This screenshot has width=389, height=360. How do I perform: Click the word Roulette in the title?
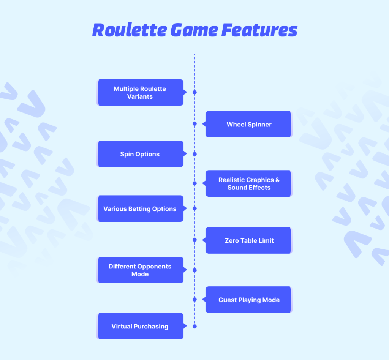click(130, 30)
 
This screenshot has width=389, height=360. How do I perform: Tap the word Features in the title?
click(259, 30)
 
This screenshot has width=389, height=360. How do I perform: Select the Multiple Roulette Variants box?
click(141, 93)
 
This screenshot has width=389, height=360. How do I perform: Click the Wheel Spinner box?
click(248, 124)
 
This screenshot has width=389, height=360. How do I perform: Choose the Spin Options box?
click(141, 154)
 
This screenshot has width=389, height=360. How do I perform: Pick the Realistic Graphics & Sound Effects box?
click(248, 183)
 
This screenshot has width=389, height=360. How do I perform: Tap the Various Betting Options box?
click(141, 208)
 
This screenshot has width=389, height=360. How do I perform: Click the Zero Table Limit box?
click(248, 240)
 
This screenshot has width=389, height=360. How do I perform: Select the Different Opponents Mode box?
click(141, 270)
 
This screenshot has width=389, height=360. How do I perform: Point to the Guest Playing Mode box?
click(248, 300)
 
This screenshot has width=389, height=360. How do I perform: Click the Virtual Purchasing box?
click(141, 326)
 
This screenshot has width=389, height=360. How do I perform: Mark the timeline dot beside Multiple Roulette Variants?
click(195, 92)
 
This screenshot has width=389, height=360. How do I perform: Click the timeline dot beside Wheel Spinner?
click(195, 124)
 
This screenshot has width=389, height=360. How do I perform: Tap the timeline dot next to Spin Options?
click(195, 154)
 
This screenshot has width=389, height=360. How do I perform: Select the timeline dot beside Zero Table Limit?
click(195, 240)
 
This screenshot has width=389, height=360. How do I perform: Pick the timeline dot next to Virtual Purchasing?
click(195, 326)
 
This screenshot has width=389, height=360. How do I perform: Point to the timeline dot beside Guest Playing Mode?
click(195, 300)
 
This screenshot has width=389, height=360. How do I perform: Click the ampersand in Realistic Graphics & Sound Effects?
click(277, 180)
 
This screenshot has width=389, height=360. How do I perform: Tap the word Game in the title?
click(194, 30)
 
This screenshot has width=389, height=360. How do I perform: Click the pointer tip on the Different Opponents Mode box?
click(187, 270)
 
